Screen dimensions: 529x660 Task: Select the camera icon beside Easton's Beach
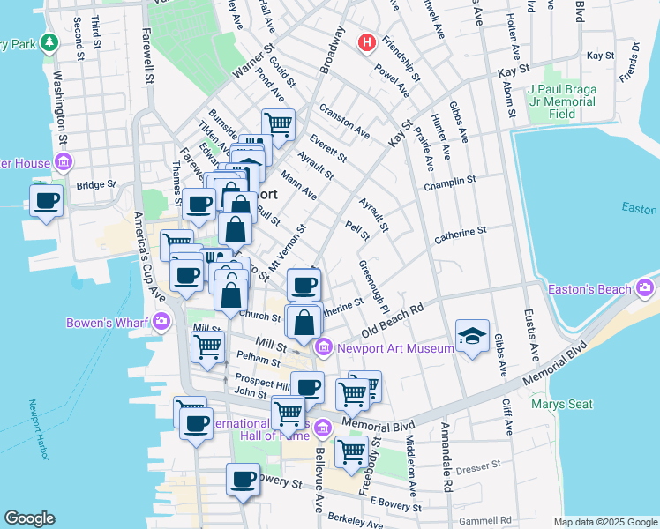coord(646,288)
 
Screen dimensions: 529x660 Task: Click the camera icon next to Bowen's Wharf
coord(161,322)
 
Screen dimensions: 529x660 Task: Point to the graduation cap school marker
coord(472,336)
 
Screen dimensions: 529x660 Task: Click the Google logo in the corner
coord(30,518)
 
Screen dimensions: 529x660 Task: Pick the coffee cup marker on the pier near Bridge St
coord(46,200)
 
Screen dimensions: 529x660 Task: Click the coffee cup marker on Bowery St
coord(243,480)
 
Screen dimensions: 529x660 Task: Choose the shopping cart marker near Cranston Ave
coord(279,124)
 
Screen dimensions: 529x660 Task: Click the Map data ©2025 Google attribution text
coord(604,522)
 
